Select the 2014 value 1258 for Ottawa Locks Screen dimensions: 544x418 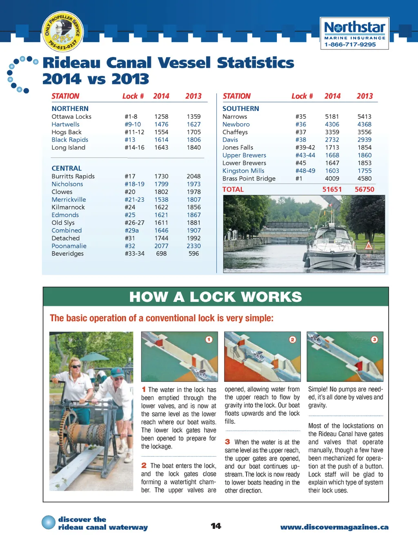[161, 117]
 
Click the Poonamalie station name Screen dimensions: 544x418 [69, 246]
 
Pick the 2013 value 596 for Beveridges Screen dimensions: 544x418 [193, 254]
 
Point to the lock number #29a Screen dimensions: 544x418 [131, 230]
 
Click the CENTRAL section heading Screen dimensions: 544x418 [67, 168]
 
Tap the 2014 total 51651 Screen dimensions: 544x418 [332, 189]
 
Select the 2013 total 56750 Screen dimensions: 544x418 [364, 189]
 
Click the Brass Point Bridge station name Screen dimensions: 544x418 [249, 179]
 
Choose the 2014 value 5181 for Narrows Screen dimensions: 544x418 [332, 117]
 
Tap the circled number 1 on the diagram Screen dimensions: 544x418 [209, 339]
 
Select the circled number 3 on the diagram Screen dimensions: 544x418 [374, 339]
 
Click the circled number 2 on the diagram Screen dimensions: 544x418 [292, 339]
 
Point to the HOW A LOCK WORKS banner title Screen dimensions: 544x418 [216, 297]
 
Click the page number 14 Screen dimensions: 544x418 [216, 526]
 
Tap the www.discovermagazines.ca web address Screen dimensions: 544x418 [334, 527]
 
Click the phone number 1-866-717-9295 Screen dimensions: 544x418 [350, 44]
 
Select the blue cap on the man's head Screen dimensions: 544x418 [118, 372]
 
